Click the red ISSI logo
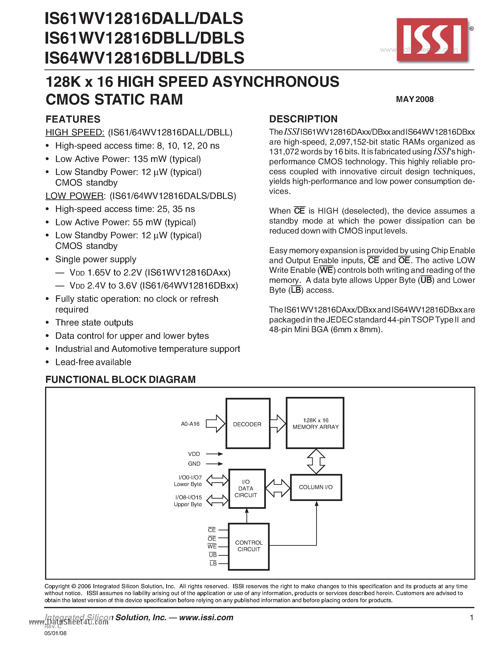click(x=432, y=40)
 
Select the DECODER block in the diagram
click(x=248, y=424)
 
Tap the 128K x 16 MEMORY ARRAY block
click(x=315, y=423)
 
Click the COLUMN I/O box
click(x=316, y=487)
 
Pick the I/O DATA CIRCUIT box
click(x=247, y=489)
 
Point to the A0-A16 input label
click(x=190, y=424)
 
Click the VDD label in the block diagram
click(x=194, y=454)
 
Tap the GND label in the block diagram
click(x=194, y=464)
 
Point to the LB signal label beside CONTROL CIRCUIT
click(x=213, y=563)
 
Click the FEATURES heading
click(x=73, y=119)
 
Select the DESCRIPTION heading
click(x=303, y=119)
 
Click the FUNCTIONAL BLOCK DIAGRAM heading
click(x=120, y=379)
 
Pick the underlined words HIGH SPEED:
click(x=75, y=132)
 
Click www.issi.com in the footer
click(x=206, y=617)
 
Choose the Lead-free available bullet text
click(x=93, y=362)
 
